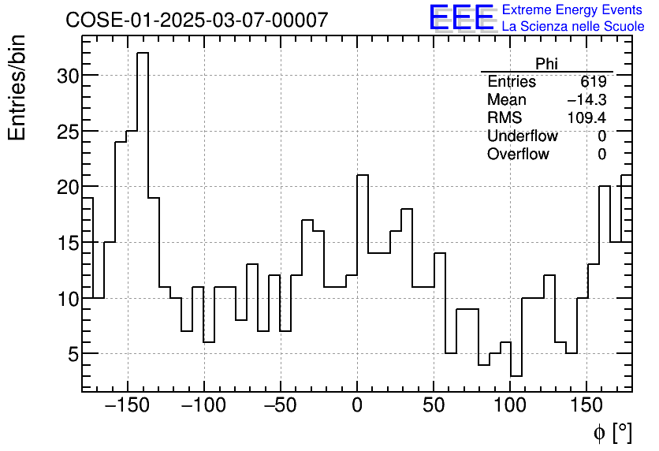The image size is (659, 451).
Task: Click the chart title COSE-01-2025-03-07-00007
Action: tap(196, 20)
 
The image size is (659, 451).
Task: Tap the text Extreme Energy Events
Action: tap(572, 10)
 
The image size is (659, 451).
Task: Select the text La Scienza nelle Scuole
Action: tap(573, 27)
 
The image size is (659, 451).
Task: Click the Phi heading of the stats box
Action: tap(546, 64)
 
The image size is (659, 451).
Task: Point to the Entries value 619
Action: tap(593, 82)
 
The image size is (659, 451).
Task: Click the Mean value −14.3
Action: tap(586, 100)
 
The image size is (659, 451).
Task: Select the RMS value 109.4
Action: tap(586, 118)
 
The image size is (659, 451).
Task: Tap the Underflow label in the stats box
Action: tap(522, 136)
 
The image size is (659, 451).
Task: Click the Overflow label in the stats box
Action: tap(518, 155)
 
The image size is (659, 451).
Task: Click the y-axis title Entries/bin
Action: tap(17, 88)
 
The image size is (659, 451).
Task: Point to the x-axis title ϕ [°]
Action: tap(612, 432)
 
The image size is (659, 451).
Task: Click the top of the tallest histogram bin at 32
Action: tap(142, 54)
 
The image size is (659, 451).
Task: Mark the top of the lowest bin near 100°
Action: tap(516, 376)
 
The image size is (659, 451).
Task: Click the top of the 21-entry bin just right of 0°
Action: tap(363, 176)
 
